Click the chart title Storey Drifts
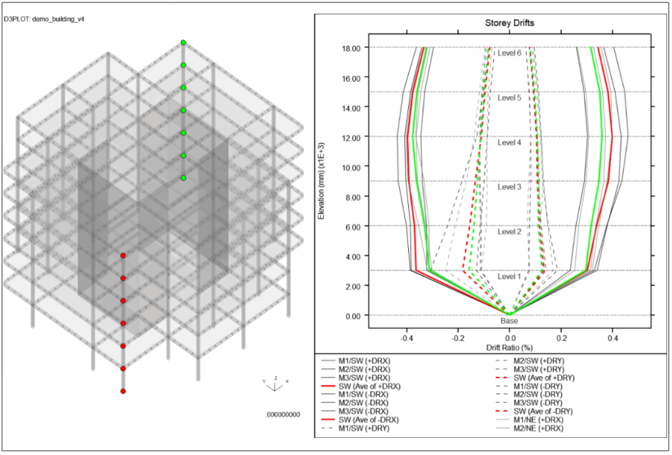point(509,23)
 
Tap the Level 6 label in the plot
point(509,53)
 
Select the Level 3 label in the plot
point(509,187)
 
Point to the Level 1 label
point(509,276)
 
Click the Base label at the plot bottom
point(509,321)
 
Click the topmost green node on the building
point(184,43)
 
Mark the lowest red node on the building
point(123,391)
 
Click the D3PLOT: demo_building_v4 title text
point(44,19)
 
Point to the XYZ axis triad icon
point(276,385)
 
